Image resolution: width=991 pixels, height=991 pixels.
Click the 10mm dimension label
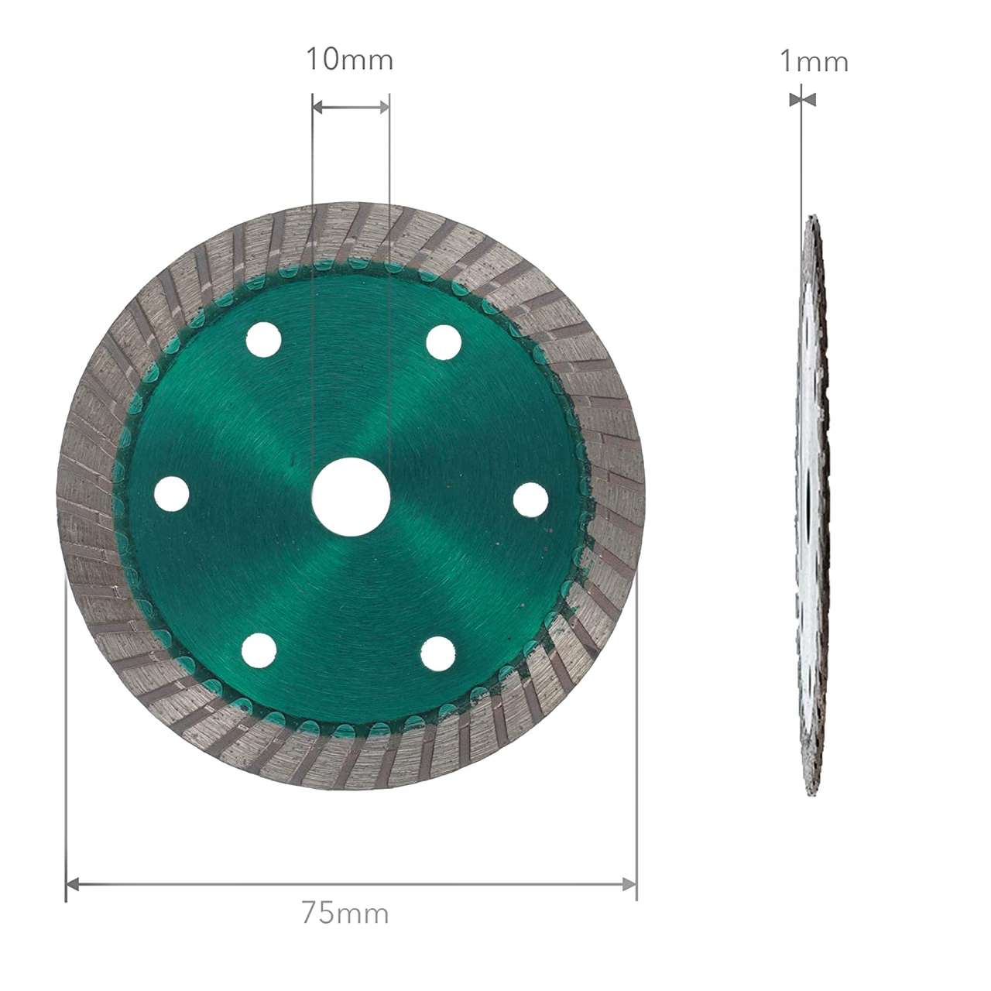click(x=350, y=59)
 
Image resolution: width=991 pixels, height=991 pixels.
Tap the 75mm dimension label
click(x=345, y=912)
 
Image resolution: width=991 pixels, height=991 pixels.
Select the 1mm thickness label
click(x=814, y=61)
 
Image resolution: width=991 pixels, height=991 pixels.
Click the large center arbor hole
click(x=351, y=497)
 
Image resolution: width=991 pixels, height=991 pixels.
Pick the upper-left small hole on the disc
click(x=263, y=340)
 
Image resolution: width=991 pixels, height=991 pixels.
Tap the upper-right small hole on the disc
click(x=444, y=342)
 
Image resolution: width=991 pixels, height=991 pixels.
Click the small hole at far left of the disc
click(x=172, y=494)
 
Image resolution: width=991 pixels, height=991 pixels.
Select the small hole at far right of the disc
click(x=531, y=500)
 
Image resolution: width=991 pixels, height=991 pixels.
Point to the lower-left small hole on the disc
click(x=259, y=650)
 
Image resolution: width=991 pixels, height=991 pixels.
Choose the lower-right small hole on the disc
click(x=437, y=653)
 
